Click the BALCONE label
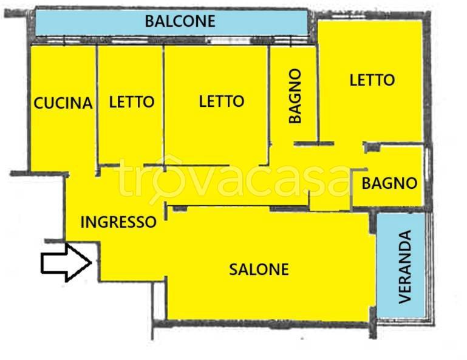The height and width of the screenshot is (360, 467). coord(180,21)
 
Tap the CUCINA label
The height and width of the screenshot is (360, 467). coord(63,103)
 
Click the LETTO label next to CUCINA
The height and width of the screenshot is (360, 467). coord(131,102)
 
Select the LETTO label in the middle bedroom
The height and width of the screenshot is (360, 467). coord(221,101)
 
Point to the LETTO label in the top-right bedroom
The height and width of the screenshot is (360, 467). coord(372,80)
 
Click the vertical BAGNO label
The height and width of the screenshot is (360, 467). coord(295,97)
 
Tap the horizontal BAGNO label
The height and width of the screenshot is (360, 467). coord(389,183)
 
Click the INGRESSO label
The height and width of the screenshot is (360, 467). coord(118,222)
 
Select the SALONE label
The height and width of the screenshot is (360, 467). coord(259,269)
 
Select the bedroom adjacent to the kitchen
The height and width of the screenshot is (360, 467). coord(131,134)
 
